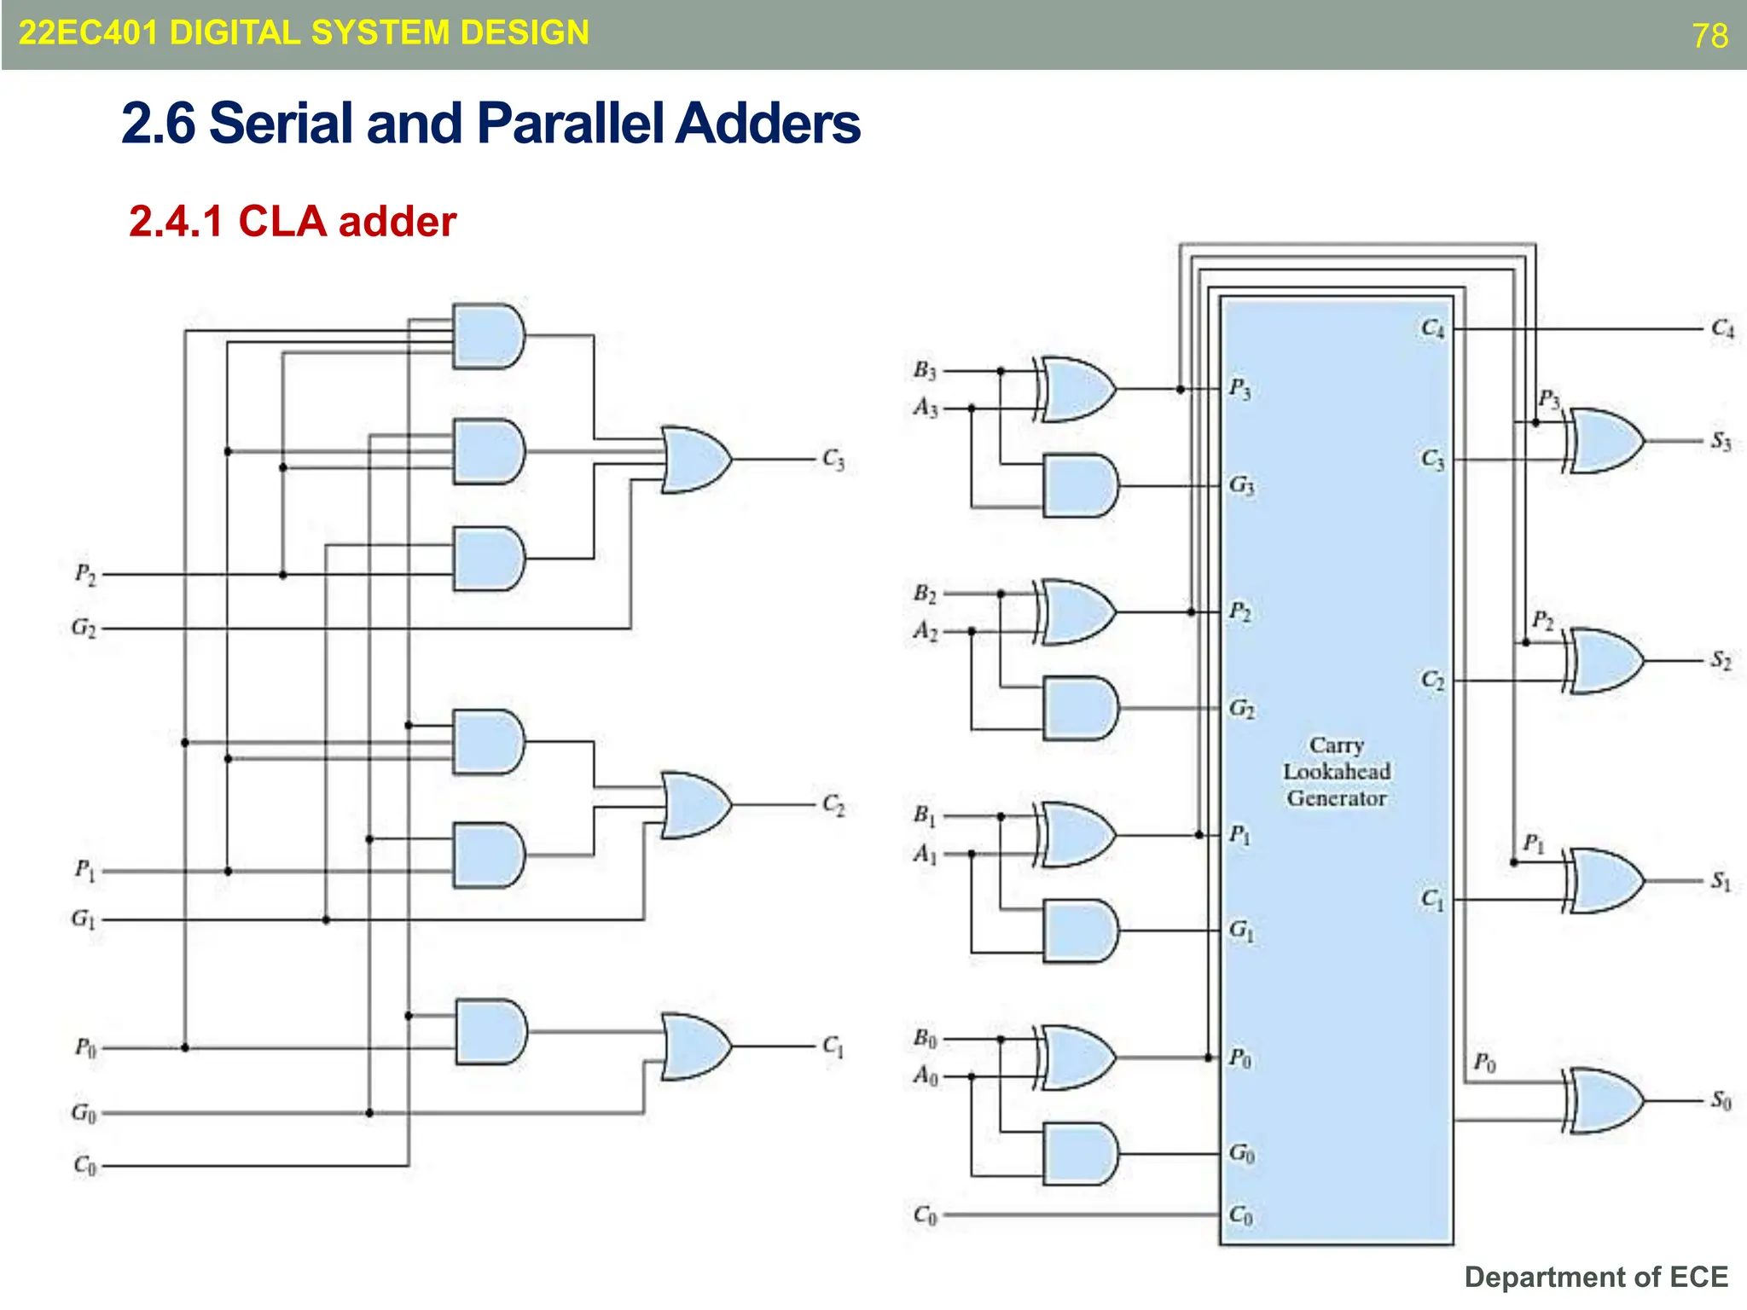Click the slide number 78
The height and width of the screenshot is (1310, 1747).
click(x=1709, y=36)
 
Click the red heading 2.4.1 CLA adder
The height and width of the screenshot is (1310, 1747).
click(x=293, y=222)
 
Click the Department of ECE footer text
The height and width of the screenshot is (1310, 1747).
click(x=1595, y=1277)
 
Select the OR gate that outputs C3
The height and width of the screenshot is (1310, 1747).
click(x=694, y=460)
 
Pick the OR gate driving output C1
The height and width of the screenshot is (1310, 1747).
click(x=694, y=1046)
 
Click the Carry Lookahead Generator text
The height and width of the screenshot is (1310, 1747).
click(x=1336, y=772)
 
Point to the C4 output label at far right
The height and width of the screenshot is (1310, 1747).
click(x=1721, y=328)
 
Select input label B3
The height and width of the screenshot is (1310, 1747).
click(x=925, y=370)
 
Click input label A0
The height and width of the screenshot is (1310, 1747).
click(x=925, y=1076)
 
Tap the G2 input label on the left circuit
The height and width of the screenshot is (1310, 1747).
click(x=84, y=629)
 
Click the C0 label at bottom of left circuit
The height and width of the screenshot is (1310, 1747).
click(x=84, y=1165)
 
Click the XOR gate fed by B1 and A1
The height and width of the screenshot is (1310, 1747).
click(x=1077, y=835)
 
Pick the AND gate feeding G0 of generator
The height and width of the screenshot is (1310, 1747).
click(x=1080, y=1154)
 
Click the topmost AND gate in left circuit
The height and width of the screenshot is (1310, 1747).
click(x=488, y=336)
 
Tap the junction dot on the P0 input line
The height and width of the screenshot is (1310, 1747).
click(x=185, y=1047)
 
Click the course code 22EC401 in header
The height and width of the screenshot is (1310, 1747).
click(x=88, y=33)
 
